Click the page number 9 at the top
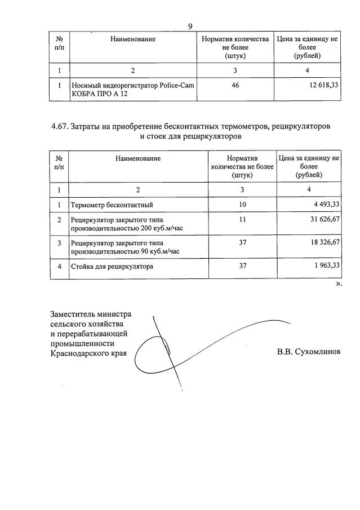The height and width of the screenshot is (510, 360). pos(190,26)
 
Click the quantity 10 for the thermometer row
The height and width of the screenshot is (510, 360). pos(242,204)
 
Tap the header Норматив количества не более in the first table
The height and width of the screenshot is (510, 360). pos(235,47)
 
